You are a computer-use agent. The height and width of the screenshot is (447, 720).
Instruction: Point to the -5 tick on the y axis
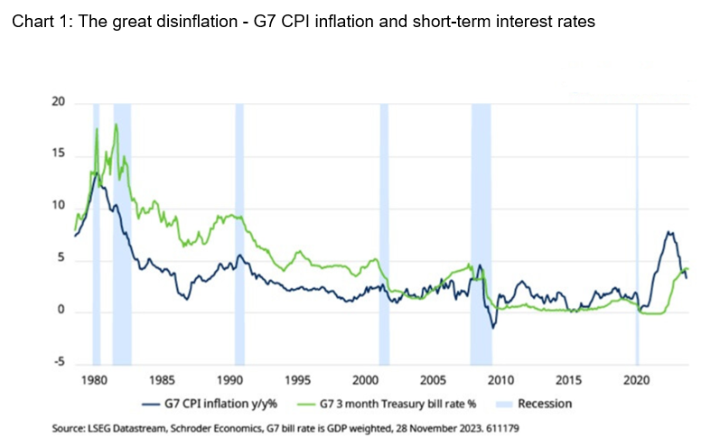(59, 364)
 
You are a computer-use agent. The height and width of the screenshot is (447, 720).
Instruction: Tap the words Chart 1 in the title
(36, 23)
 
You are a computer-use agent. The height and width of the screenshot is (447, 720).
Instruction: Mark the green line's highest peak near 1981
(116, 124)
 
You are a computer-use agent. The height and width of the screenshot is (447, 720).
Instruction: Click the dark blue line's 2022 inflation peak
(669, 232)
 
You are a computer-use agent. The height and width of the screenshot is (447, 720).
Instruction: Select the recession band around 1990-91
(239, 235)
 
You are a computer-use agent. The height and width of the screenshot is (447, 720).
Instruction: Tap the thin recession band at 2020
(637, 235)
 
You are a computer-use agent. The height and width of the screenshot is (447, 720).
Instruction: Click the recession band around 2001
(384, 235)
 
